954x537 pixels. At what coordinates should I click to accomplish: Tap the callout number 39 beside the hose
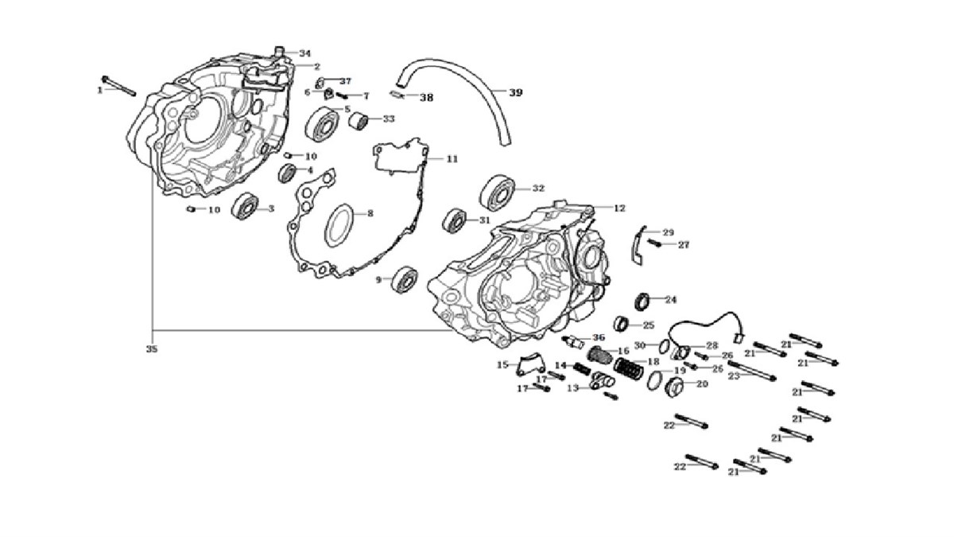(x=516, y=93)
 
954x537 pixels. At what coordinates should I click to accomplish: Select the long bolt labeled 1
(x=120, y=85)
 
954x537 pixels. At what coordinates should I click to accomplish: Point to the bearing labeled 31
(x=456, y=220)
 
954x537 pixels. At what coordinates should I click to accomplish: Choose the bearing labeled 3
(x=243, y=209)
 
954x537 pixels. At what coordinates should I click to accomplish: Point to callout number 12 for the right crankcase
(x=619, y=208)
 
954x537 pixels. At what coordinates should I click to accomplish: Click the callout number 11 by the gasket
(x=452, y=159)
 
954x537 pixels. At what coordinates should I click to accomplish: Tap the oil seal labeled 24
(x=644, y=302)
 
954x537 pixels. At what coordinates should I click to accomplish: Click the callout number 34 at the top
(x=305, y=53)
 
